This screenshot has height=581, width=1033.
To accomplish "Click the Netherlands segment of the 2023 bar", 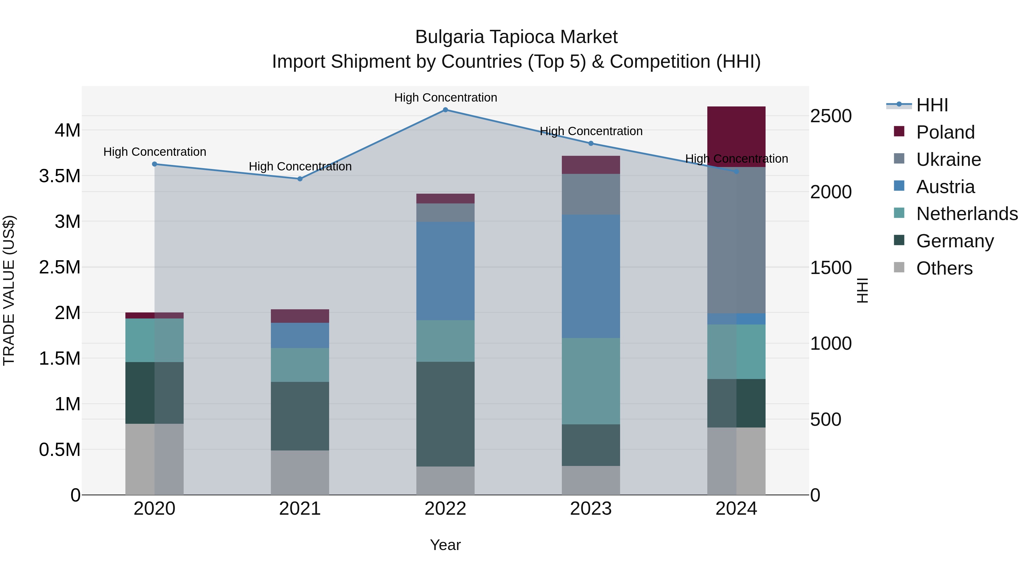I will (591, 381).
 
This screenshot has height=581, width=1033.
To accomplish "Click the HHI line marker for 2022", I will (445, 110).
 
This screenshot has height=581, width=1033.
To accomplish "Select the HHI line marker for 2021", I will (300, 179).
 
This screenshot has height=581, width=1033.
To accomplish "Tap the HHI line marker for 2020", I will (154, 164).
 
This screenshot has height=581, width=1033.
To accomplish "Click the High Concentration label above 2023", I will (591, 131).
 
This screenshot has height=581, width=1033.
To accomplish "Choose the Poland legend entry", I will (945, 132).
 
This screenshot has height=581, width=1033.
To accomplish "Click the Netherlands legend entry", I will (966, 214).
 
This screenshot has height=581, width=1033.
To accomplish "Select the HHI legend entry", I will (931, 105).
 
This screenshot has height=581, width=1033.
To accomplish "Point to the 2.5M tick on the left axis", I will (59, 267).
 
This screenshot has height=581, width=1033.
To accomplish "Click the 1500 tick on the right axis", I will (830, 268).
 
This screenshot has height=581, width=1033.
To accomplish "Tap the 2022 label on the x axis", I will (445, 509).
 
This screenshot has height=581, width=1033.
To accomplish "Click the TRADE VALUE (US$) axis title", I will (9, 290).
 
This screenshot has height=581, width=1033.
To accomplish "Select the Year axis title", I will (445, 545).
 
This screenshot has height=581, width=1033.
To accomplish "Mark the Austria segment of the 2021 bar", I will (300, 335).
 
